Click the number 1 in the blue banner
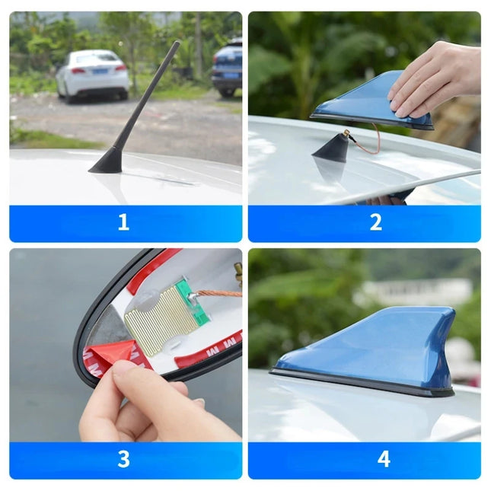[x=123, y=223]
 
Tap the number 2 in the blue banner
[x=375, y=223]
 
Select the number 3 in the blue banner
[x=123, y=459]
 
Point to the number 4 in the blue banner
[x=384, y=459]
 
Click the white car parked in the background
[x=92, y=74]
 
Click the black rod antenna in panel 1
[x=149, y=95]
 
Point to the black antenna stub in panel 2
[x=331, y=148]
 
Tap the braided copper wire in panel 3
[x=220, y=292]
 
